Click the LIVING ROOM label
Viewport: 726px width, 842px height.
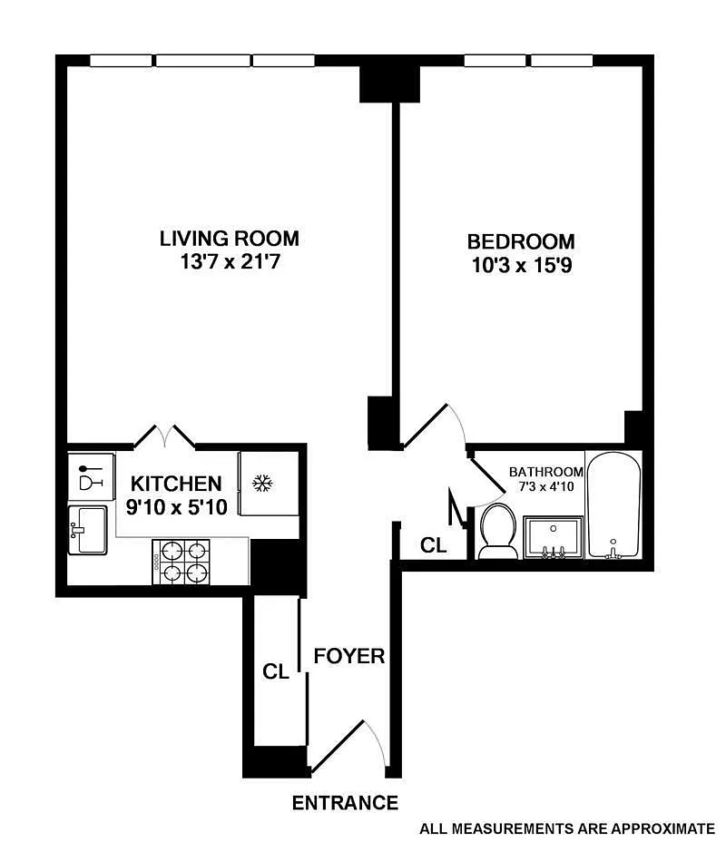click(230, 239)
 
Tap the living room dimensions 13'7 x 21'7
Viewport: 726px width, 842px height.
click(230, 262)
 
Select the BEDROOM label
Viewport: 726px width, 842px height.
click(521, 241)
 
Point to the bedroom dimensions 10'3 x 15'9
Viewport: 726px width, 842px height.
click(522, 265)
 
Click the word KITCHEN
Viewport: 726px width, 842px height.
click(176, 484)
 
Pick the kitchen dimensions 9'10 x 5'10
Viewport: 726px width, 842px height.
click(177, 507)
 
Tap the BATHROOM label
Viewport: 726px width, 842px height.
click(546, 472)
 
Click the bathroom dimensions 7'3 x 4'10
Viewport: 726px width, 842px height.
click(546, 486)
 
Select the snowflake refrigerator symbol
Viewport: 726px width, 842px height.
click(262, 484)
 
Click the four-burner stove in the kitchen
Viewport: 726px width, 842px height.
click(181, 562)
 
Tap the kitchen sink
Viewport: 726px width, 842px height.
click(87, 530)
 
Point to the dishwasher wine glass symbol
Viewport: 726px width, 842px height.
click(90, 477)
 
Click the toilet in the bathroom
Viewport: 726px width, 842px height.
click(498, 532)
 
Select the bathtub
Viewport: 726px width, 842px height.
click(613, 504)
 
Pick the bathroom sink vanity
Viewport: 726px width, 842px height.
click(553, 537)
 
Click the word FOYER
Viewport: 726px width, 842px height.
click(349, 656)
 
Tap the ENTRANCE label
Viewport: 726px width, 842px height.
click(345, 803)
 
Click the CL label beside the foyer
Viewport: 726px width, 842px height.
click(276, 671)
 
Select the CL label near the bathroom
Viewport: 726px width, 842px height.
click(434, 545)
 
